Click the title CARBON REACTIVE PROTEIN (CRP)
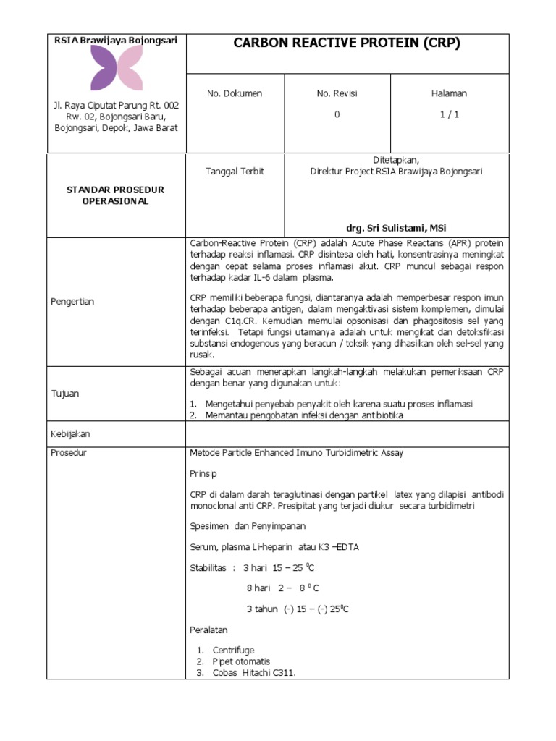coord(347,43)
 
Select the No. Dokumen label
coord(235,93)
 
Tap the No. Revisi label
coord(337,93)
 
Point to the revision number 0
coord(337,114)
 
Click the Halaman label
coord(449,93)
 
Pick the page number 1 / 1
coord(449,114)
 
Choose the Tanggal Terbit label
coord(235,172)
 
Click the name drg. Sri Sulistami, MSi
coord(395,227)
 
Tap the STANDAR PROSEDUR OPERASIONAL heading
coord(116,195)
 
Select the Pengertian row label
coord(72,301)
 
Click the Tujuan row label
coord(64,394)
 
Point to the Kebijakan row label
coord(70,434)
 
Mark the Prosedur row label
coord(69,453)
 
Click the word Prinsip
coord(203,473)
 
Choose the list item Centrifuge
coord(233,651)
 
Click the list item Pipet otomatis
coord(241,661)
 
